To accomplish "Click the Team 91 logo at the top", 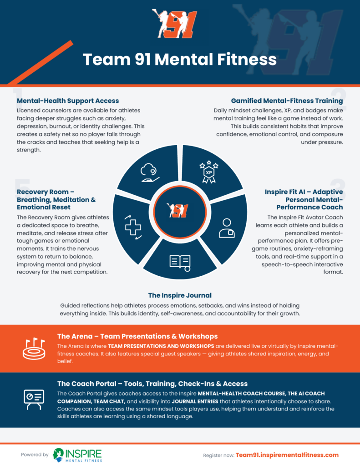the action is click(174, 24).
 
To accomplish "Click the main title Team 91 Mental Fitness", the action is click(180, 59).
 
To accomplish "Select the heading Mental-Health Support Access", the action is click(68, 101).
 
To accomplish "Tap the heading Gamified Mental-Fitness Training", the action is click(287, 101).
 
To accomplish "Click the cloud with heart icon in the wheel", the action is click(150, 173).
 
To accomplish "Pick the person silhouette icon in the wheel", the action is click(227, 228).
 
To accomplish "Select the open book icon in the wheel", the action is click(180, 263).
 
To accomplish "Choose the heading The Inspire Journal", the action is click(180, 295).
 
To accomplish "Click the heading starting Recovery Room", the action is click(56, 199).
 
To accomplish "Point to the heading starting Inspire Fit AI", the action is click(304, 199).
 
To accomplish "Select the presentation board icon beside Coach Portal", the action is click(34, 400).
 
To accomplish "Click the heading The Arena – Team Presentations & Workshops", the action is click(137, 336).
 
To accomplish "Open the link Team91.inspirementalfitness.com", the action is click(287, 455).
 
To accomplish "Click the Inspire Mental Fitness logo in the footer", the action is click(77, 455).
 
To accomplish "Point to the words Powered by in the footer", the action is click(35, 455).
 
